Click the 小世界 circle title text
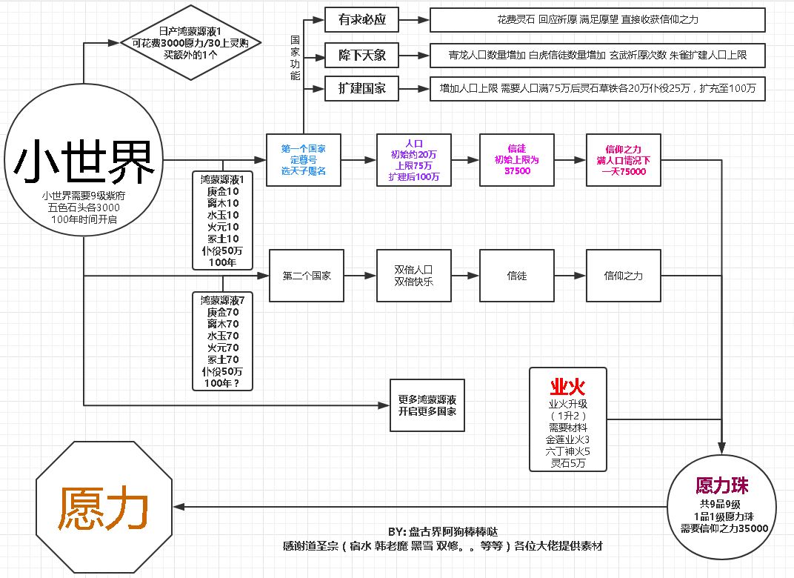coord(85,162)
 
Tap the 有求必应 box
coord(361,19)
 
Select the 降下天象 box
coord(361,55)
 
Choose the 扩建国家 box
coord(361,89)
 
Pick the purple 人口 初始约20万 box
coord(413,159)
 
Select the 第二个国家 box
coord(307,276)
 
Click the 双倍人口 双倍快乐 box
coord(413,276)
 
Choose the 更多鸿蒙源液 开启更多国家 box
coord(427,405)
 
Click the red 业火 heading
coord(568,387)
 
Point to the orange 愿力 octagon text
coord(105,508)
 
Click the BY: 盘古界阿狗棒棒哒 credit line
coord(442,532)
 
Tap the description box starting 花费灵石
coord(597,19)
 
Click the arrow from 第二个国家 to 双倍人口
coord(360,276)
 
